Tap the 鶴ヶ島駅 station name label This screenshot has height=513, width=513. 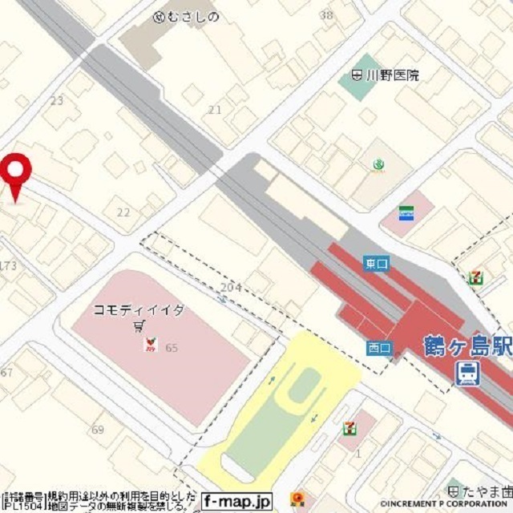(468, 347)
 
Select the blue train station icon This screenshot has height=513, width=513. (467, 374)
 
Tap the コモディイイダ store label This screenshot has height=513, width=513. (139, 309)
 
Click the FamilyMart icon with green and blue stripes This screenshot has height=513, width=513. (406, 213)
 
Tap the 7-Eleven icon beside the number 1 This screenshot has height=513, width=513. (349, 427)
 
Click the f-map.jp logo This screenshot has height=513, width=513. (236, 501)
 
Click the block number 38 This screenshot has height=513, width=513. (325, 14)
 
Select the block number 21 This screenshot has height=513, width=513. (214, 109)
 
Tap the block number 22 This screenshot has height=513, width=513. (123, 212)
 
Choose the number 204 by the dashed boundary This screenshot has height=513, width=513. (231, 287)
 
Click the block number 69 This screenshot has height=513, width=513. (98, 430)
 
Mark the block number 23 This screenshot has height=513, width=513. (56, 100)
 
